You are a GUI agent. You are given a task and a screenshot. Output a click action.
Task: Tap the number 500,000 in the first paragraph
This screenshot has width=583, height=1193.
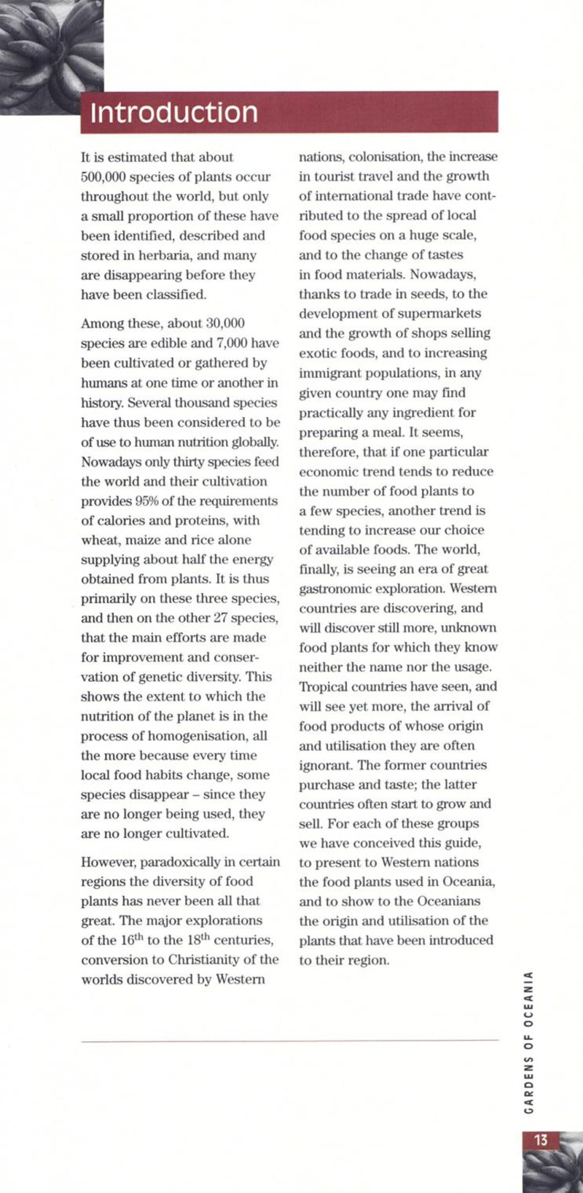pos(103,177)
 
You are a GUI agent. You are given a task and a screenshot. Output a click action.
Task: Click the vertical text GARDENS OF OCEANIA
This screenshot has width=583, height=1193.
pos(531,1043)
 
